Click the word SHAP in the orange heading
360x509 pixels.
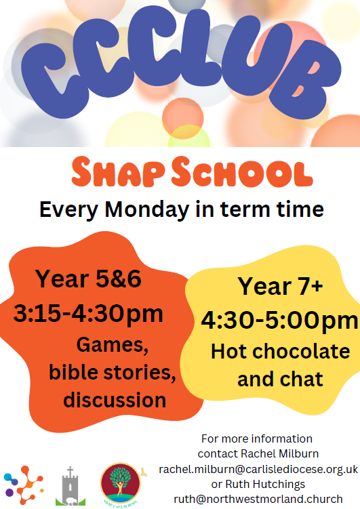pyautogui.click(x=118, y=172)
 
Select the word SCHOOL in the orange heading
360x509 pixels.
pyautogui.click(x=242, y=172)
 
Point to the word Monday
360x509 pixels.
pyautogui.click(x=146, y=210)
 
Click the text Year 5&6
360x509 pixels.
pyautogui.click(x=88, y=279)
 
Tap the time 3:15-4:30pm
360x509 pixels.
pyautogui.click(x=88, y=314)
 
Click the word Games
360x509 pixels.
pyautogui.click(x=113, y=345)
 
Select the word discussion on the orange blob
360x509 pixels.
pyautogui.click(x=115, y=400)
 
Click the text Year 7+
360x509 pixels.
pyautogui.click(x=280, y=286)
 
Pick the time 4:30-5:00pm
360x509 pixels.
pyautogui.click(x=279, y=321)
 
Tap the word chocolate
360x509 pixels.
pyautogui.click(x=301, y=352)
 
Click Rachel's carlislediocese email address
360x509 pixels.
pyautogui.click(x=258, y=470)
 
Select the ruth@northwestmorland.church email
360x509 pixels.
pyautogui.click(x=258, y=499)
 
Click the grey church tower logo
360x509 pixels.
pyautogui.click(x=70, y=487)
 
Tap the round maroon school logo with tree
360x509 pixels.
pyautogui.click(x=121, y=483)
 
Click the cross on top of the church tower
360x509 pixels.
pyautogui.click(x=70, y=471)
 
